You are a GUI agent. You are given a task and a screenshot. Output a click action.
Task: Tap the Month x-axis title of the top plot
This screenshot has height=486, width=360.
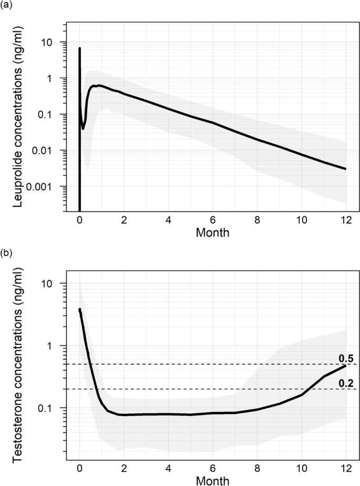(213, 232)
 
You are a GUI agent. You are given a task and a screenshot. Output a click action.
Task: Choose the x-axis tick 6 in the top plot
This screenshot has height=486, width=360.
(213, 220)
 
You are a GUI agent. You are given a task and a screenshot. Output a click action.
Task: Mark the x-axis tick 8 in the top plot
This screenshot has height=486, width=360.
(257, 220)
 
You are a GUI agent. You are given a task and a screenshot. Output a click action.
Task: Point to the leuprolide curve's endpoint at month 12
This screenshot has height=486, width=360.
(345, 169)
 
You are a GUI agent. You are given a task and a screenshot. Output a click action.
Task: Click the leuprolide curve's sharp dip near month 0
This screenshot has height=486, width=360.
(83, 128)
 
